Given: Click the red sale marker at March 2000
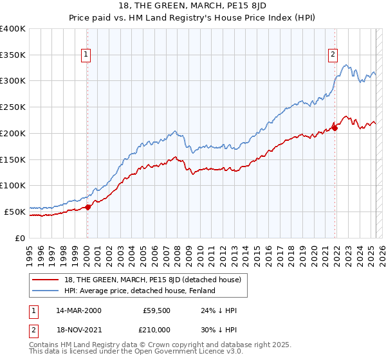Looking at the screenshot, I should pyautogui.click(x=88, y=206).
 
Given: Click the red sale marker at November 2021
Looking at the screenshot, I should pyautogui.click(x=335, y=128).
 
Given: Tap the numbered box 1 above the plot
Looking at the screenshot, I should pyautogui.click(x=86, y=55).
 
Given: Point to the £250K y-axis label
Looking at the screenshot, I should pyautogui.click(x=13, y=107).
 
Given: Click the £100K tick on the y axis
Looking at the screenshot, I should pyautogui.click(x=13, y=186).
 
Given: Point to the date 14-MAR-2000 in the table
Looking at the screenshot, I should pyautogui.click(x=78, y=310).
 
